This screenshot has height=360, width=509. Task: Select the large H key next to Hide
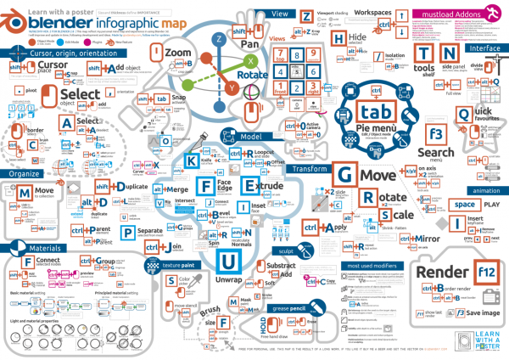click(x=339, y=39)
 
